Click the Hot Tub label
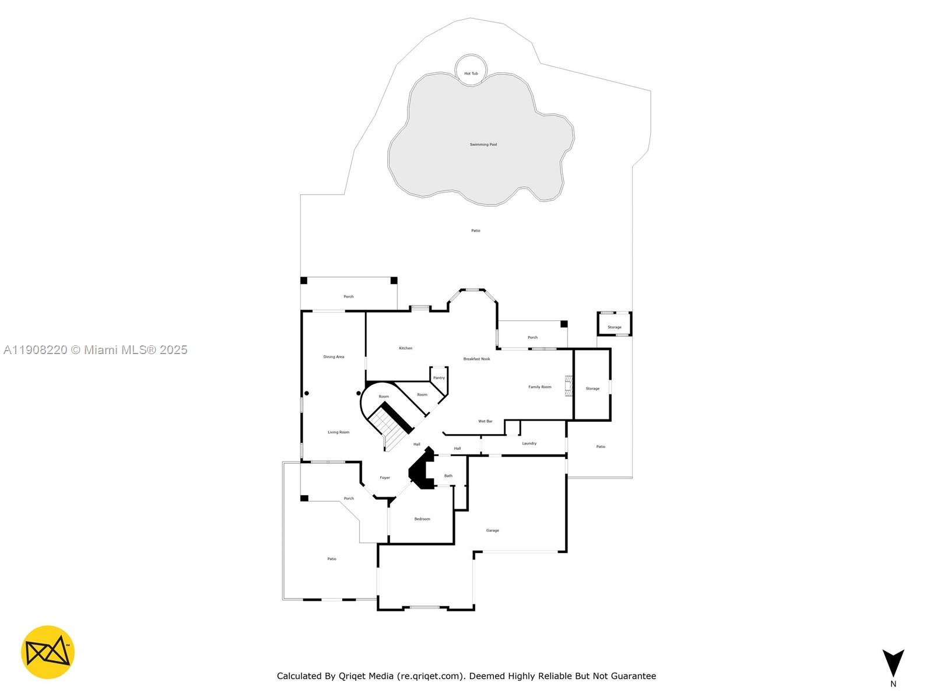click(471, 73)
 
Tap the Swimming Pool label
click(483, 145)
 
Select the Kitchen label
click(405, 348)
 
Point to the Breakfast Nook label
click(476, 359)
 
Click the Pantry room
click(439, 377)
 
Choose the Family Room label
click(539, 387)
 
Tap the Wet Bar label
click(485, 421)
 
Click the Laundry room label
click(529, 443)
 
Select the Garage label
click(492, 530)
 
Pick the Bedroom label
click(422, 519)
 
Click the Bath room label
click(448, 476)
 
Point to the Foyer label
click(385, 478)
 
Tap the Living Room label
click(338, 432)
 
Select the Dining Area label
click(334, 356)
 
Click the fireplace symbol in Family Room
click(568, 386)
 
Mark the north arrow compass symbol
click(893, 664)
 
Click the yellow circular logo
click(48, 652)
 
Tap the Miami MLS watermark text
click(96, 350)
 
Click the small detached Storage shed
click(614, 324)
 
